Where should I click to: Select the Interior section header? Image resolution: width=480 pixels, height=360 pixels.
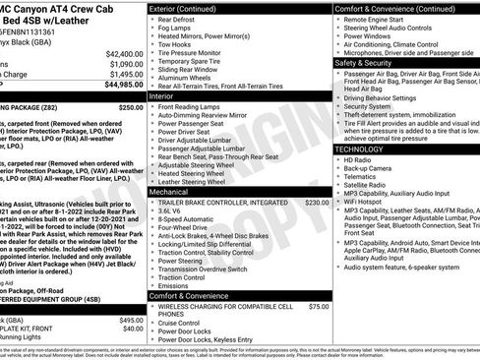(161, 96)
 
